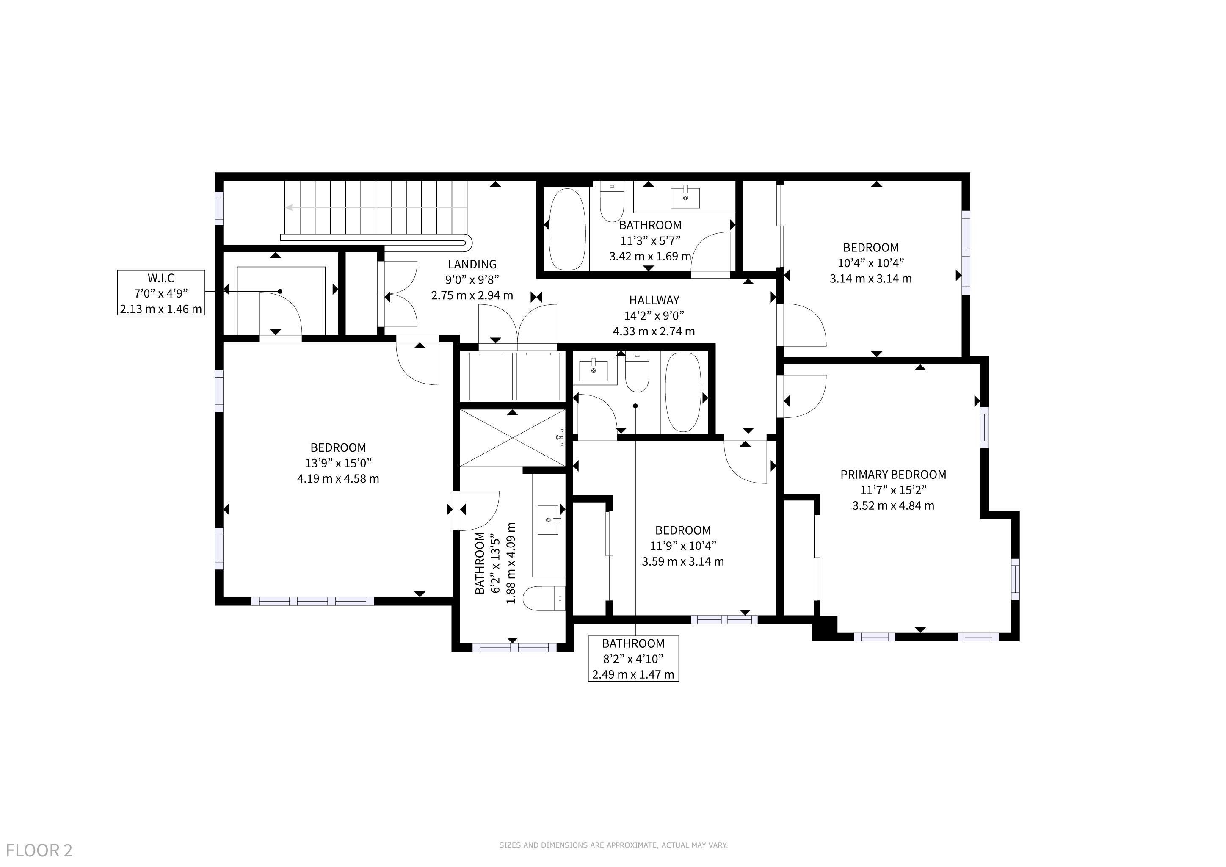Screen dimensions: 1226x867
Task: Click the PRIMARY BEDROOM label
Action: tap(893, 475)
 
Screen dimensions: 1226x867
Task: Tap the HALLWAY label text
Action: tap(654, 300)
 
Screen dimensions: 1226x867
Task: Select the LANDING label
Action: tap(472, 264)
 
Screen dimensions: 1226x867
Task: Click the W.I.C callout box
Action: tap(161, 293)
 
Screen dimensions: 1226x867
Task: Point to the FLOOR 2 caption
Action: tap(39, 850)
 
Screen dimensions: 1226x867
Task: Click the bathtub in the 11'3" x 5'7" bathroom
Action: tap(567, 229)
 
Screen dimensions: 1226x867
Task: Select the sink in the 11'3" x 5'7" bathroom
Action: tap(685, 197)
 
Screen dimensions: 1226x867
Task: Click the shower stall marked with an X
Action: tap(512, 438)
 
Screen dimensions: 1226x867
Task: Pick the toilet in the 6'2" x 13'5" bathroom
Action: tap(544, 599)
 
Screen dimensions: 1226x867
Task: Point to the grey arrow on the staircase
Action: tap(376, 208)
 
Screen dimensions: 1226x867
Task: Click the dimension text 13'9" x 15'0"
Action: tap(338, 463)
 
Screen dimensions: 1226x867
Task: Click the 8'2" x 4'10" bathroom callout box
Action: tap(633, 659)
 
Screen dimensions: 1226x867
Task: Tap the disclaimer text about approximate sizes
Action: tap(613, 845)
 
